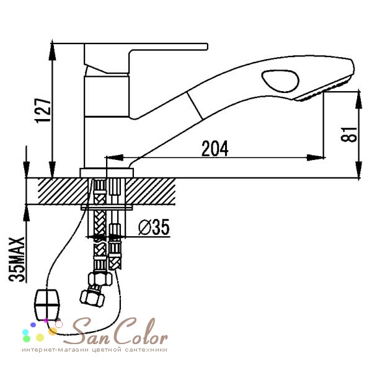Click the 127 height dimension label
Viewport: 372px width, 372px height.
pyautogui.click(x=43, y=110)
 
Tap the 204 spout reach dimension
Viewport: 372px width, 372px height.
pyautogui.click(x=215, y=149)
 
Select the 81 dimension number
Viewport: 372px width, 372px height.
pyautogui.click(x=348, y=135)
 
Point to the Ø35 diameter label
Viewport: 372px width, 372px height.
pyautogui.click(x=154, y=227)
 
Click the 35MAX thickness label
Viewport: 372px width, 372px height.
pyautogui.click(x=17, y=259)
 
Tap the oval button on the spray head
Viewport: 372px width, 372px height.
pyautogui.click(x=280, y=81)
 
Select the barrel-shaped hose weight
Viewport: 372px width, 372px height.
pyautogui.click(x=47, y=304)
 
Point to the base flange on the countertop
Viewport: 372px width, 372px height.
pyautogui.click(x=107, y=173)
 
